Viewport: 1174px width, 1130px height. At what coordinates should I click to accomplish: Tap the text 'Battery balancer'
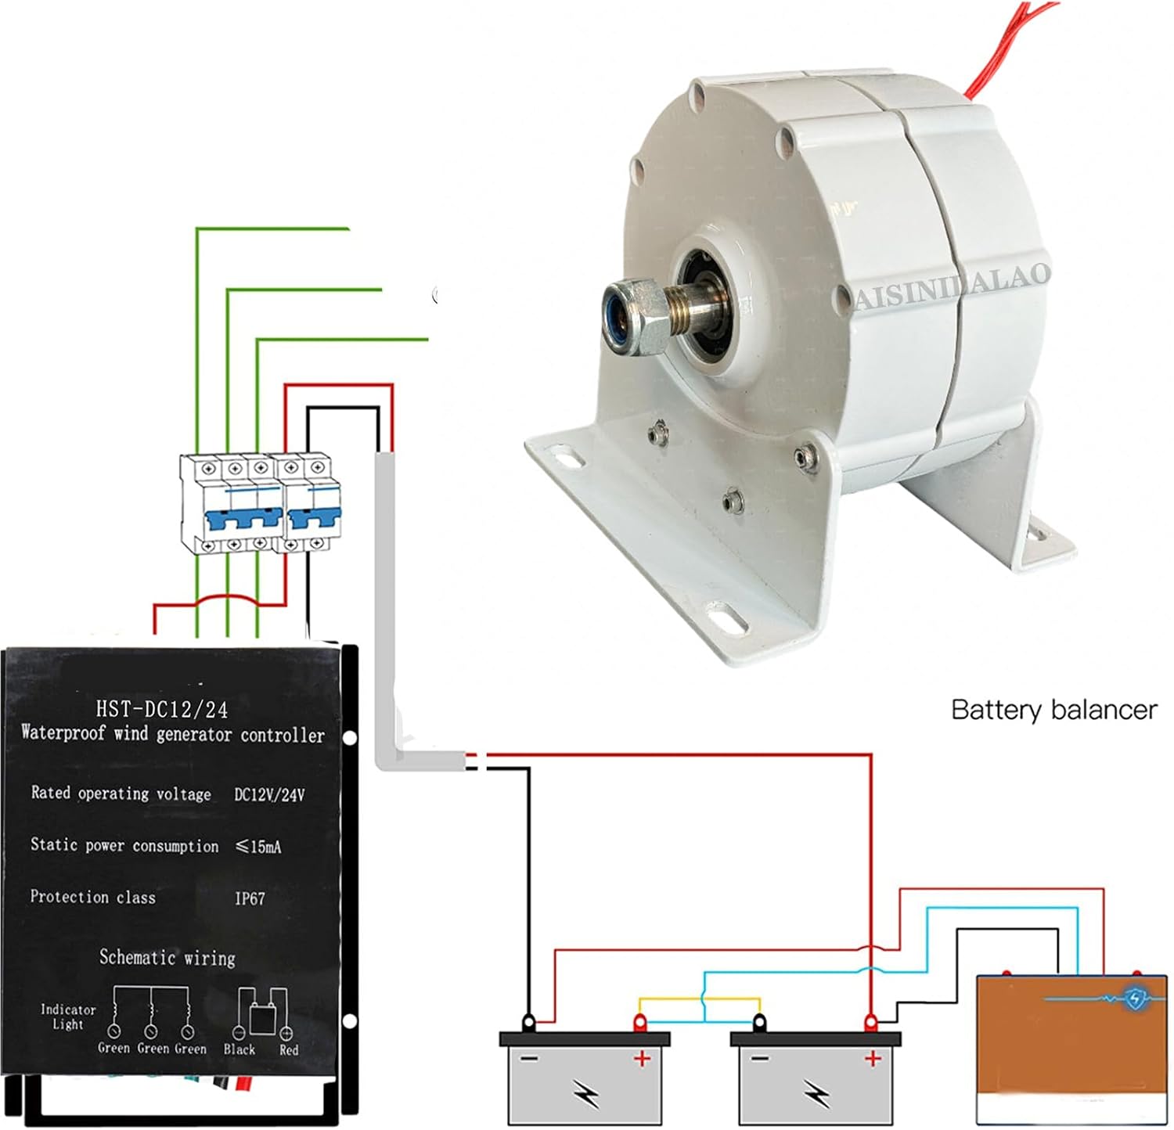pos(1053,710)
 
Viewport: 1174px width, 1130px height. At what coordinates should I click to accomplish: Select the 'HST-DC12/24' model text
pos(162,709)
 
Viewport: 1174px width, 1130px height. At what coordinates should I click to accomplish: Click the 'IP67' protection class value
pos(250,898)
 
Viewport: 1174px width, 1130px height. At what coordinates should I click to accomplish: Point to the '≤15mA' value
pos(258,846)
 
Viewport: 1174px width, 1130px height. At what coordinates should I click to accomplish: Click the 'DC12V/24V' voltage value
pos(269,794)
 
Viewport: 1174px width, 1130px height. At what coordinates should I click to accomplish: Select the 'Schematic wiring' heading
pos(167,957)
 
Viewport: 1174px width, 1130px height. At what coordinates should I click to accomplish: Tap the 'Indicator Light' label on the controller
pos(68,1017)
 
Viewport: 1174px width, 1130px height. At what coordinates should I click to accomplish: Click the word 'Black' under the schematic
pos(239,1049)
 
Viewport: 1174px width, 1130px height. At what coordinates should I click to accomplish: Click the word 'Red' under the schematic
pos(289,1049)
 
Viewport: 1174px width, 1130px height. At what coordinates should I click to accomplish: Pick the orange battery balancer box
pos(1071,1049)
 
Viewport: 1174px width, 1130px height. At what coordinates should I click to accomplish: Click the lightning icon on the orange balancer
pos(1135,998)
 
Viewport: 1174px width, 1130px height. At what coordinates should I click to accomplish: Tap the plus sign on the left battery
pos(642,1060)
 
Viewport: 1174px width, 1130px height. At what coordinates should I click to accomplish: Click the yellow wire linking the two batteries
pos(700,999)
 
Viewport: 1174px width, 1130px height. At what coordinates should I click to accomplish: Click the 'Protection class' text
pos(92,897)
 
